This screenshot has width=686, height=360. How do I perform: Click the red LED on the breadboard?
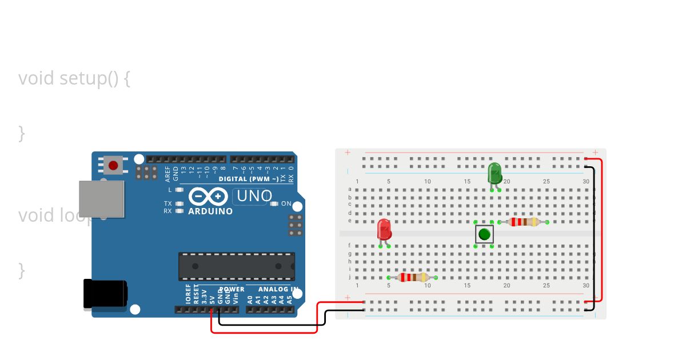coord(384,230)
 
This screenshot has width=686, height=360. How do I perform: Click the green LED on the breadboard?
coord(494,173)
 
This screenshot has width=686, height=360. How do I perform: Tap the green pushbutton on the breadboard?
coord(484,234)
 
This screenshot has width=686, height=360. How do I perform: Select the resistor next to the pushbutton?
coord(523,222)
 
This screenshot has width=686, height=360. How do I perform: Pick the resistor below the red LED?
coord(413,277)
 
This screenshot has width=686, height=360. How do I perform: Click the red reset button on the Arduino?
coord(113,166)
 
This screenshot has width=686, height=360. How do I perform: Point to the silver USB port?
coord(101,199)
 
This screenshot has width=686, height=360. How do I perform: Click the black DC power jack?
coord(105,293)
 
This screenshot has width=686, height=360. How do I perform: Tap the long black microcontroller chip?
coord(237,267)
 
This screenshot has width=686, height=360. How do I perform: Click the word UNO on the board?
coord(254,197)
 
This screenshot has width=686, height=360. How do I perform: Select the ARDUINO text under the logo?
coord(210,211)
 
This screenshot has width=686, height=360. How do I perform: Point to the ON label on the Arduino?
coord(286,204)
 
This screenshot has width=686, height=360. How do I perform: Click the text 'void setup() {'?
coord(74,78)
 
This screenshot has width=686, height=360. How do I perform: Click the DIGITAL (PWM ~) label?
coord(249,179)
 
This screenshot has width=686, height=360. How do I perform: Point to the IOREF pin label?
coord(188,294)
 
